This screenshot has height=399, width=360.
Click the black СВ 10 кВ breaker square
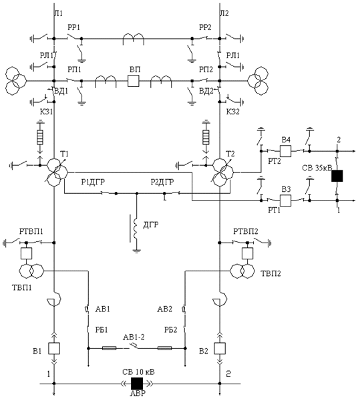137,383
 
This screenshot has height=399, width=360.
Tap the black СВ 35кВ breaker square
337,176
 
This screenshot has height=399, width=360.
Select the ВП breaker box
134,81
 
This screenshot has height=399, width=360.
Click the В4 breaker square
285,151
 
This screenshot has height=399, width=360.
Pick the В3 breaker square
285,201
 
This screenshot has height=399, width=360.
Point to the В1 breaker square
54,348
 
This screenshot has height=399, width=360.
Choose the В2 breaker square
220,348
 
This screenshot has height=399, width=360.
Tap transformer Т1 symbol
57,172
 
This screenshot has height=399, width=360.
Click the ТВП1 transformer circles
31,271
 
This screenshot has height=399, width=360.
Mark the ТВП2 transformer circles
242,271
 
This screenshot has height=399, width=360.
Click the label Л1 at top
59,13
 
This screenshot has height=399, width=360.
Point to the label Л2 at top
224,13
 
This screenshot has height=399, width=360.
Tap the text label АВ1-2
134,337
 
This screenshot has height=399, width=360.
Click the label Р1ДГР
93,182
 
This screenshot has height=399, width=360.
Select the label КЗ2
233,112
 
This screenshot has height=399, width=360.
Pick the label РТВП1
31,231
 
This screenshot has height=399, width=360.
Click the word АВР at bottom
138,393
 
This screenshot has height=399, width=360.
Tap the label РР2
205,27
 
